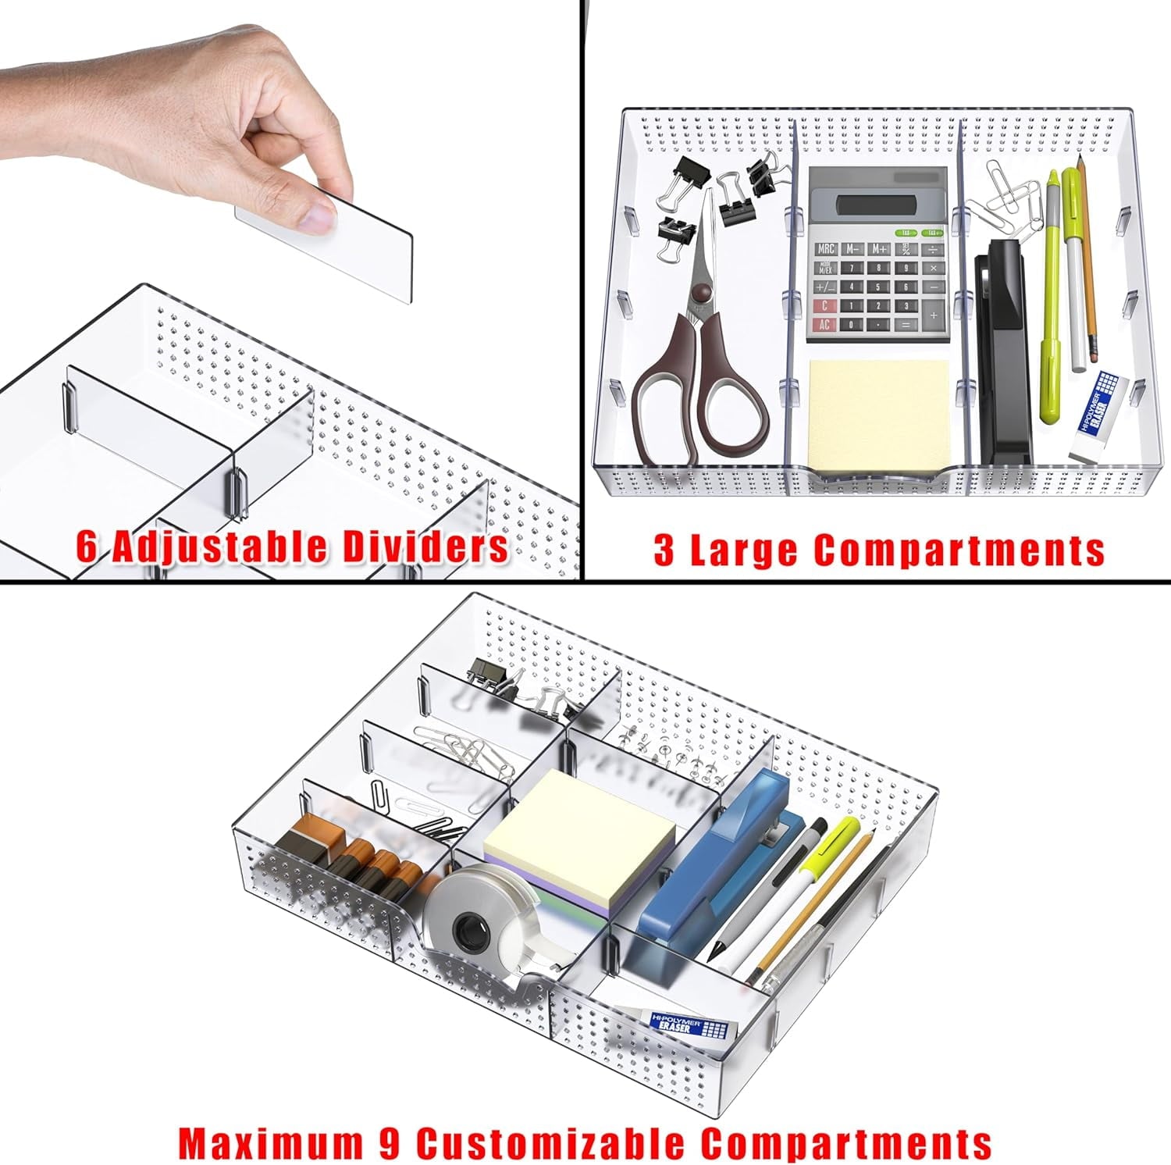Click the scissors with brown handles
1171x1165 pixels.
[697, 367]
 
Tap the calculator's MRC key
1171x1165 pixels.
[826, 249]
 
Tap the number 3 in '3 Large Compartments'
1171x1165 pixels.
[664, 550]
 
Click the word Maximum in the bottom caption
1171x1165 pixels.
[265, 1142]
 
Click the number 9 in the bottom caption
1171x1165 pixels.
[382, 1142]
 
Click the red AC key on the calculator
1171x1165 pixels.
[824, 325]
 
